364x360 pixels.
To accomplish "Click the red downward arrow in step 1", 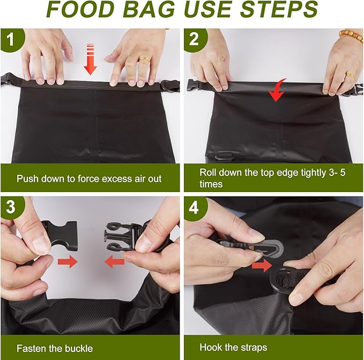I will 90,61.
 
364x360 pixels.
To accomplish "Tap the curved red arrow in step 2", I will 277,90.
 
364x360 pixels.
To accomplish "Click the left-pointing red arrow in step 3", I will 114,262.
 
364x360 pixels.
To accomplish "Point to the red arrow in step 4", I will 261,265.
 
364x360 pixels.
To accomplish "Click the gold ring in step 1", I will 145,58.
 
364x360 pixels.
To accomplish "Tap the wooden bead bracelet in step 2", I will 351,35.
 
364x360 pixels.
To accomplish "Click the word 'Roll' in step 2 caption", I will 208,173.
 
